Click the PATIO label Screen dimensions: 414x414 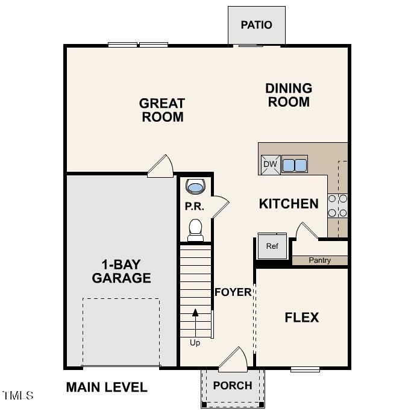pos(256,25)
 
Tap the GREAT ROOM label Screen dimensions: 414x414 pos(163,110)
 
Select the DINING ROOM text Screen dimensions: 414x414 pos(289,95)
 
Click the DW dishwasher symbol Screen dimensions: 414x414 pos(270,164)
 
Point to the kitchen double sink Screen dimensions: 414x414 pos(295,164)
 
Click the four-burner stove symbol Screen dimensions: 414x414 pos(337,205)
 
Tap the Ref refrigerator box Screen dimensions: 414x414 pos(272,246)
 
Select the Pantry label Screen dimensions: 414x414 pos(319,260)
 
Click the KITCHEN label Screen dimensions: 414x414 pos(289,204)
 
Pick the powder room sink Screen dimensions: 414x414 pos(195,187)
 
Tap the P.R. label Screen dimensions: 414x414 pos(194,207)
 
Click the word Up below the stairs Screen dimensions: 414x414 pos(195,343)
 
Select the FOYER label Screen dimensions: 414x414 pos(233,292)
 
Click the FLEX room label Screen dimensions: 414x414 pos(302,317)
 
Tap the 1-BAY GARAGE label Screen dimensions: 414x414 pos(121,271)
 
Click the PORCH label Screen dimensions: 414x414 pos(233,386)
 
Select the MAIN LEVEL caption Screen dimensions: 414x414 pos(107,387)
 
